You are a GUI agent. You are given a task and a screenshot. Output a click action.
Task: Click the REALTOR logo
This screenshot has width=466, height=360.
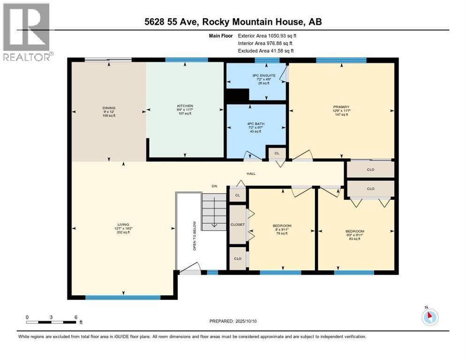click(26, 32)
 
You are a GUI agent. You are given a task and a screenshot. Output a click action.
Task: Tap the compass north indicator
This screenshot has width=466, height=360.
click(429, 317)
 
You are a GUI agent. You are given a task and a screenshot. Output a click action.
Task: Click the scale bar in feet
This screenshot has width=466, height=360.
click(51, 322)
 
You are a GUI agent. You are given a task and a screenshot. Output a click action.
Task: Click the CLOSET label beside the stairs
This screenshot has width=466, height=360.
click(237, 225)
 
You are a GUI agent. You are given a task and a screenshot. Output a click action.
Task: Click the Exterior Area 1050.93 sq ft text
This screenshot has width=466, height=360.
click(267, 35)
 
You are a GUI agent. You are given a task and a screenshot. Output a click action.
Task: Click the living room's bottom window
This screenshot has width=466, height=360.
click(123, 297)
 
